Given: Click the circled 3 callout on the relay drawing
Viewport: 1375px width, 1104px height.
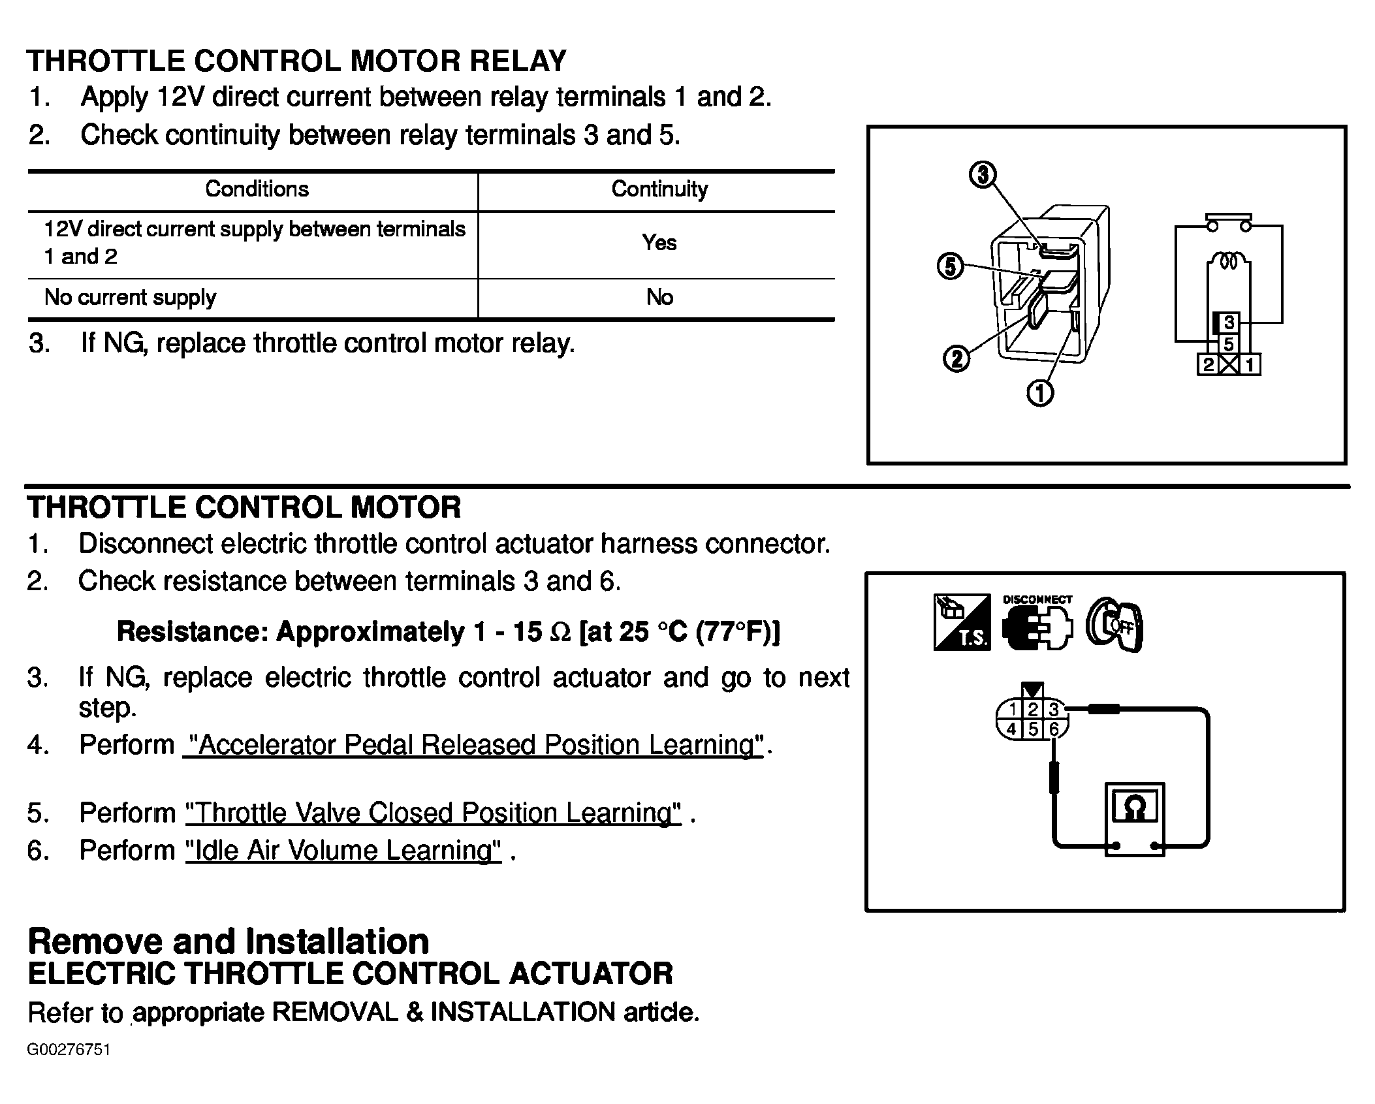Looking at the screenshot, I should click(983, 175).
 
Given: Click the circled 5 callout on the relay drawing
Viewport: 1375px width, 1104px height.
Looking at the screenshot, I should click(951, 266).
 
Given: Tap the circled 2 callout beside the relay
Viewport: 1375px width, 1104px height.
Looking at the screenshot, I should click(956, 358).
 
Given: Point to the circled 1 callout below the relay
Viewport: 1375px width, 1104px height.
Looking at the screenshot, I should click(1040, 393).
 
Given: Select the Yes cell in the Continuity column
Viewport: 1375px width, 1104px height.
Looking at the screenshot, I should click(659, 243).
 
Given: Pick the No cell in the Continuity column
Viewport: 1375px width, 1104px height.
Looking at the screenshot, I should click(659, 298).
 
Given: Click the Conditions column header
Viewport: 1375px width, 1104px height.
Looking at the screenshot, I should click(257, 189).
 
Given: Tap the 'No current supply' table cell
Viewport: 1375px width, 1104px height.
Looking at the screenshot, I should click(131, 298).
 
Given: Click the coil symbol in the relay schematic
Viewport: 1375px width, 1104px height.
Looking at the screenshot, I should click(1229, 261).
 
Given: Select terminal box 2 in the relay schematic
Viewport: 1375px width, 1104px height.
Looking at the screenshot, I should click(1208, 364).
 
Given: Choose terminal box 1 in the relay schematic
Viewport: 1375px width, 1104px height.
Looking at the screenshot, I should click(1250, 364).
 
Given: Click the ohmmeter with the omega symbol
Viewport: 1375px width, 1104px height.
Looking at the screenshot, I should click(1134, 819).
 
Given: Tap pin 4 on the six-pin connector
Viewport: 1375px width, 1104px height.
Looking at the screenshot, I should click(1011, 729).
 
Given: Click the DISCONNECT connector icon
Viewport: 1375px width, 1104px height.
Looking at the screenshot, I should click(1037, 625).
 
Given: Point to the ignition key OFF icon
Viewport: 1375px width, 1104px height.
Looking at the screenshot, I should click(1114, 625).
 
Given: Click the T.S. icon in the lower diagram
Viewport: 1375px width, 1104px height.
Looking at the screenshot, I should click(962, 622).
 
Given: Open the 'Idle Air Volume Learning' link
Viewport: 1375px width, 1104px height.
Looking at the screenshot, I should click(343, 851).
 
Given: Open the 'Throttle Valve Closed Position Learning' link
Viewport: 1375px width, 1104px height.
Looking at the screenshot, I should click(434, 813).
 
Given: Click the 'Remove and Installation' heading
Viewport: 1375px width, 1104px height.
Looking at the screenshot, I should click(229, 941).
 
